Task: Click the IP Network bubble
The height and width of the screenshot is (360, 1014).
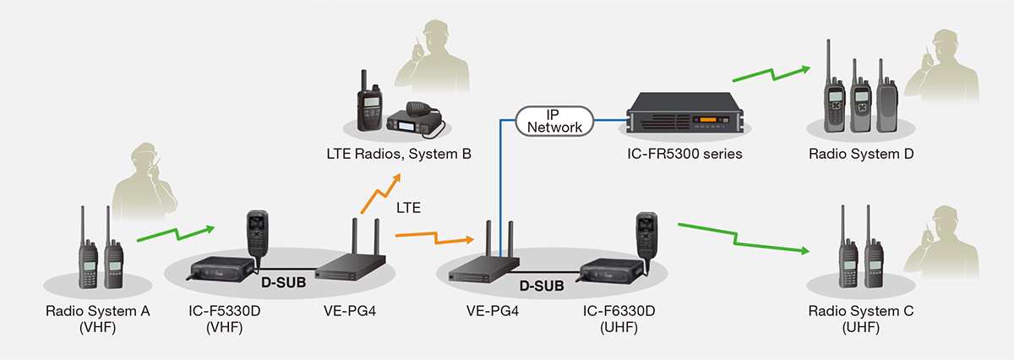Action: click(x=554, y=122)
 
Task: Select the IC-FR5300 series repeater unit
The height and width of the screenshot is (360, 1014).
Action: click(x=685, y=112)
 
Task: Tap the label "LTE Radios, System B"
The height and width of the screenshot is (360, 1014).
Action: click(x=399, y=154)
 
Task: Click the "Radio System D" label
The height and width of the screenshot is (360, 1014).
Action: click(x=861, y=154)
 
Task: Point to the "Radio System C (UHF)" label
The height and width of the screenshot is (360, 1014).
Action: click(x=861, y=319)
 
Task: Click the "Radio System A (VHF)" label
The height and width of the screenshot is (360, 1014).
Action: click(x=98, y=319)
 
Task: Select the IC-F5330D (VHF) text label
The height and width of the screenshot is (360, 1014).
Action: click(x=225, y=319)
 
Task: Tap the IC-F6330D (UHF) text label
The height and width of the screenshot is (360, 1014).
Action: click(x=619, y=319)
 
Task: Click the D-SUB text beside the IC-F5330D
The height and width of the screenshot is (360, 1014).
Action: click(x=284, y=282)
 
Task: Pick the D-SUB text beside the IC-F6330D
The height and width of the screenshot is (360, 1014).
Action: click(x=542, y=286)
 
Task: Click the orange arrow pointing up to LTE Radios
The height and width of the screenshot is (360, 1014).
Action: click(x=381, y=194)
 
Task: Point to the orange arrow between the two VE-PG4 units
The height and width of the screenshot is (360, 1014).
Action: click(x=435, y=237)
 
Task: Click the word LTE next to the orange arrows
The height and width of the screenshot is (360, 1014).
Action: click(x=408, y=208)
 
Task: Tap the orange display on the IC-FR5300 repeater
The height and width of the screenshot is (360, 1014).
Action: click(x=708, y=120)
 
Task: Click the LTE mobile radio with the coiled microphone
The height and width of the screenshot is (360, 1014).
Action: click(x=414, y=118)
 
